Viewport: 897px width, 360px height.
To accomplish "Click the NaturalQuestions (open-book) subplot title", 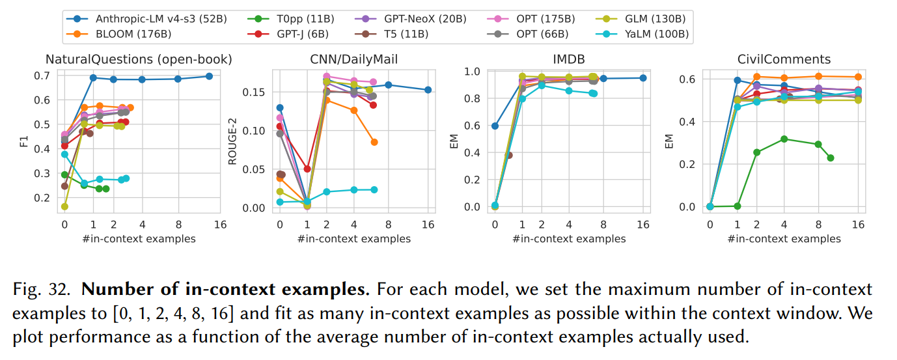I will pyautogui.click(x=138, y=59).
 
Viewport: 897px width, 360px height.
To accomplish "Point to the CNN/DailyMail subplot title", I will pyautogui.click(x=353, y=59).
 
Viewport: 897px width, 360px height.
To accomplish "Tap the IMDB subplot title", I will pyautogui.click(x=568, y=59).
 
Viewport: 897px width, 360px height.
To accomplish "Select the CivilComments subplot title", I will pyautogui.click(x=784, y=59).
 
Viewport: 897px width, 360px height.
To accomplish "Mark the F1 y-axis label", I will pyautogui.click(x=23, y=140).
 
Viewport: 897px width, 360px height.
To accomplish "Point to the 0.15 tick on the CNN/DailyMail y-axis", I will pyautogui.click(x=254, y=92).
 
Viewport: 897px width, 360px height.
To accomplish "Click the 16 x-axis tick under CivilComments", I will pyautogui.click(x=859, y=225).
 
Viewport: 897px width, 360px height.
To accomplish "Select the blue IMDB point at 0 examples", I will pyautogui.click(x=495, y=126).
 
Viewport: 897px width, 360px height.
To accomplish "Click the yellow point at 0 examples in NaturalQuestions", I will pyautogui.click(x=64, y=206).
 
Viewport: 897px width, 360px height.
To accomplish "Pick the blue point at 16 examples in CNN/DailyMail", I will pyautogui.click(x=428, y=90).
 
